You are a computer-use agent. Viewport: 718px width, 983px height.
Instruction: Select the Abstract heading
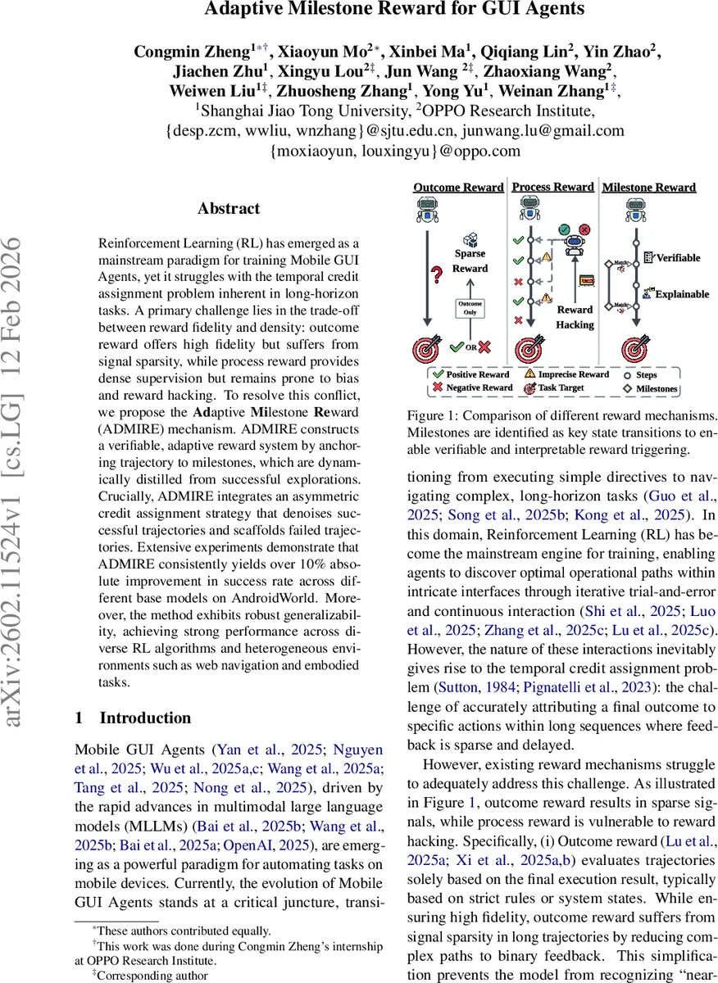point(228,209)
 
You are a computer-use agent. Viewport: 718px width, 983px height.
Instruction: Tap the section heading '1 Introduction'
point(133,718)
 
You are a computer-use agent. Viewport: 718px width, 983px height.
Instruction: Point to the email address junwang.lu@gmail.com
point(531,130)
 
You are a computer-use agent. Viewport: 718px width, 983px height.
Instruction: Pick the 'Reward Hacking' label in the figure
point(575,317)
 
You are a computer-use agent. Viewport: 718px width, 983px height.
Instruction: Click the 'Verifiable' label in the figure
point(677,257)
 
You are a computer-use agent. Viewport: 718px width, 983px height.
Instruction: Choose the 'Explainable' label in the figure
point(680,293)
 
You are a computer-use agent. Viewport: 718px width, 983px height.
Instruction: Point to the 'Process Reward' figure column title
point(552,187)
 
